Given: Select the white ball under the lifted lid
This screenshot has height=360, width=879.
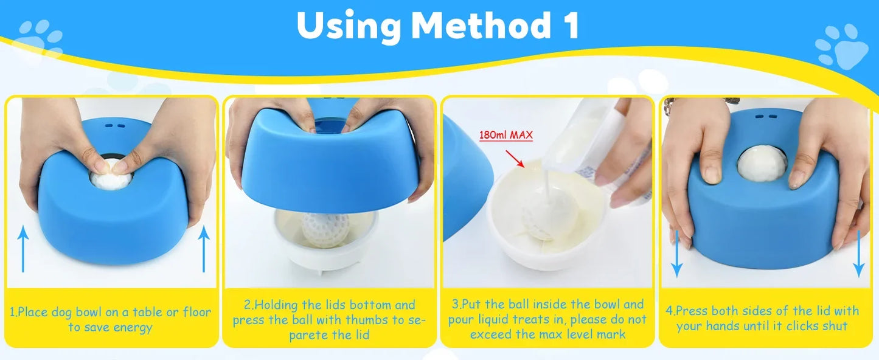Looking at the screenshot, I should pos(325,229).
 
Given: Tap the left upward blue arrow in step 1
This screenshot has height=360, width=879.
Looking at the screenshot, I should pos(23,249).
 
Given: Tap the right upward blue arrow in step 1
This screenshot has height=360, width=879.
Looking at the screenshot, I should pos(204,249).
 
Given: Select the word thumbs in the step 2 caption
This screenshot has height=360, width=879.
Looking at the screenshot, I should pos(367,320).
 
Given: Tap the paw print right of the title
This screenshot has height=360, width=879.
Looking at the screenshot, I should pos(843,46).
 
